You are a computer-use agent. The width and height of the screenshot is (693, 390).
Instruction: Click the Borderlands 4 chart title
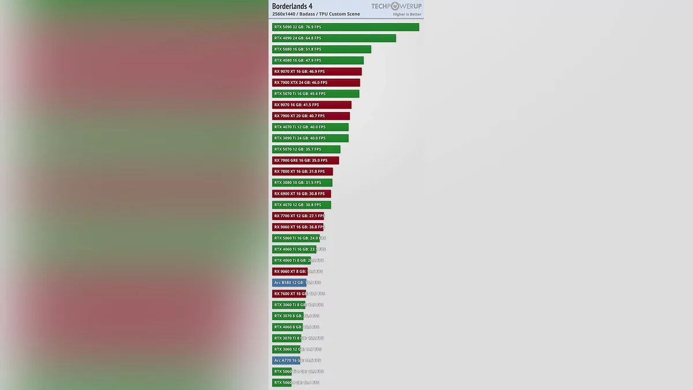(x=292, y=6)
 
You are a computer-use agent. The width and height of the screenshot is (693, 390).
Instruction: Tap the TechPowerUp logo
(x=396, y=6)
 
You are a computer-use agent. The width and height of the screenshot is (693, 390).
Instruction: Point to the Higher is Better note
(x=407, y=14)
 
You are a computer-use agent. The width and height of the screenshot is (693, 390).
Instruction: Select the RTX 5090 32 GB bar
(x=345, y=27)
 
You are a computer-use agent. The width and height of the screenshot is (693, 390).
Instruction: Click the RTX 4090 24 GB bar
(x=334, y=38)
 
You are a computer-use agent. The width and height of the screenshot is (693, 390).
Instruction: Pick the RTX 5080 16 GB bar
(x=322, y=49)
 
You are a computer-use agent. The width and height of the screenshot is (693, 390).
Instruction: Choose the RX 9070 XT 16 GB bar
(x=317, y=72)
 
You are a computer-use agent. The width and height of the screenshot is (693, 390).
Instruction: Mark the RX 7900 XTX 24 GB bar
(x=316, y=83)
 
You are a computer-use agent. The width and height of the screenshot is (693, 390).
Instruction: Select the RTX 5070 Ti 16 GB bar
(x=315, y=94)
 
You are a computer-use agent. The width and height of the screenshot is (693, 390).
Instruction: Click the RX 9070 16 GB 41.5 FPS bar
(x=312, y=105)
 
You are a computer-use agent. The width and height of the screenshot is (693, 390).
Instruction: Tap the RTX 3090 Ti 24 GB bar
(x=310, y=138)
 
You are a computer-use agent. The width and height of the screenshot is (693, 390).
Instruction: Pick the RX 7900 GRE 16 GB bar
(x=305, y=161)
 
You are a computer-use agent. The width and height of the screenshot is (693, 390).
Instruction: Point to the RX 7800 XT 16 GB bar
(x=303, y=172)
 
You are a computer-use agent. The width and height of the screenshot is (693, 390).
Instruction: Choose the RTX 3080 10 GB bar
(x=302, y=183)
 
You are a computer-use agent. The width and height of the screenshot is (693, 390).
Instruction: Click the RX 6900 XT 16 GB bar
(x=301, y=194)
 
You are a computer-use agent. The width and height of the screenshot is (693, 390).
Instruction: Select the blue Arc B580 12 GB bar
(x=289, y=283)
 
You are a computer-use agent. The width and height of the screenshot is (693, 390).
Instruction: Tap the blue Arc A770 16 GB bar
(x=286, y=361)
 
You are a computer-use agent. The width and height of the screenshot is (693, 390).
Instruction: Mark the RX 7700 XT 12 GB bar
(x=298, y=216)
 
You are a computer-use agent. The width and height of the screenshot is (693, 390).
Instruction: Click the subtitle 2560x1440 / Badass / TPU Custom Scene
(x=316, y=14)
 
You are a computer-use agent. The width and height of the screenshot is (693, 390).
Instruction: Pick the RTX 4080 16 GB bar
(x=318, y=60)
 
